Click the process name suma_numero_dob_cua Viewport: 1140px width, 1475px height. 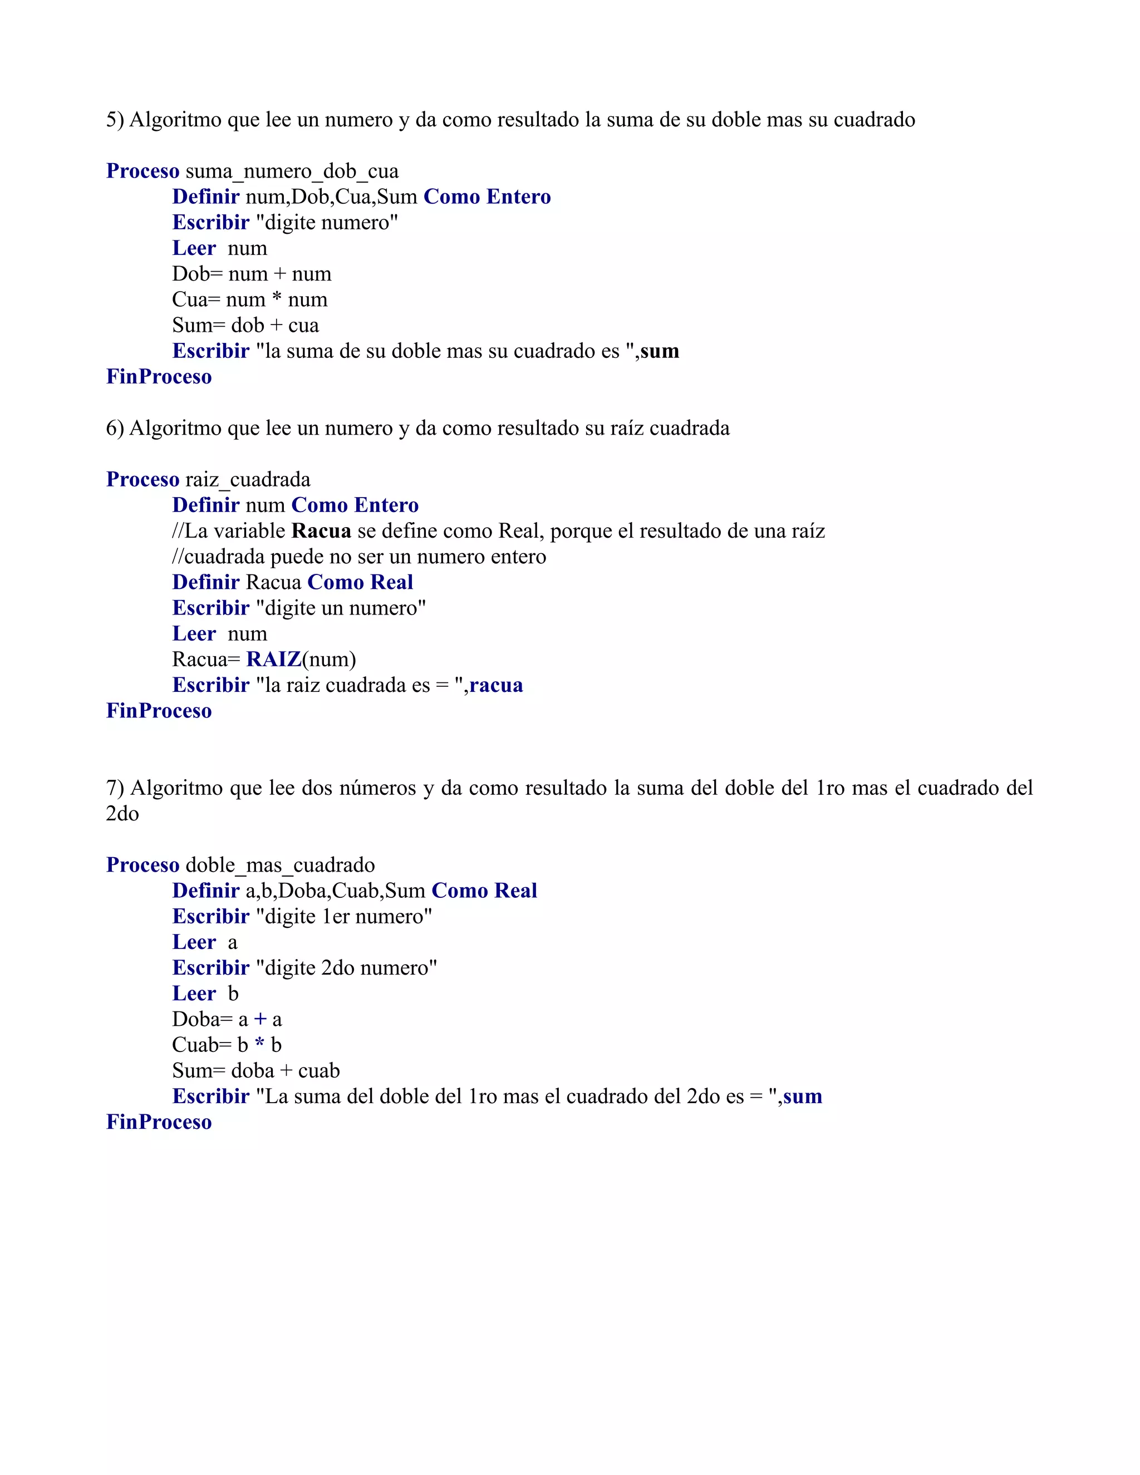(x=292, y=171)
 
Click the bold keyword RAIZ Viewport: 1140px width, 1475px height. (x=273, y=659)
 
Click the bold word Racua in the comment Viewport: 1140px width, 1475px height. (x=321, y=532)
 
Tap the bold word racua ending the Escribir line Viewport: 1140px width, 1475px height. (x=497, y=686)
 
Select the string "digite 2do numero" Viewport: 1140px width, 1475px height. (x=346, y=968)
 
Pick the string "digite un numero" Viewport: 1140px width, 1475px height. (x=341, y=608)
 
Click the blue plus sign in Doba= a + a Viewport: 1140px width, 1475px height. (x=260, y=1020)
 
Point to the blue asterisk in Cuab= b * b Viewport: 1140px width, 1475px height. (x=259, y=1045)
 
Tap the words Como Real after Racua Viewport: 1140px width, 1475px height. (x=360, y=583)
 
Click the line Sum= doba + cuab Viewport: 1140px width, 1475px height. (x=256, y=1071)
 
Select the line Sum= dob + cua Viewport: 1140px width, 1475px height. (x=245, y=326)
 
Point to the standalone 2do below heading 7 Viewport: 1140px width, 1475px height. (x=122, y=814)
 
